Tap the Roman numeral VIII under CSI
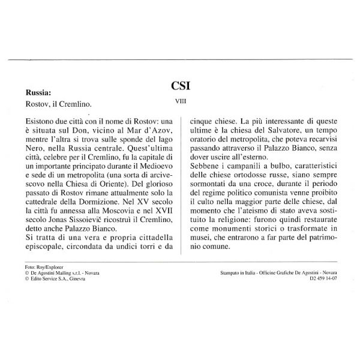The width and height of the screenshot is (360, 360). coord(180,102)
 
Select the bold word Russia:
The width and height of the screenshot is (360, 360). coord(38,93)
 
